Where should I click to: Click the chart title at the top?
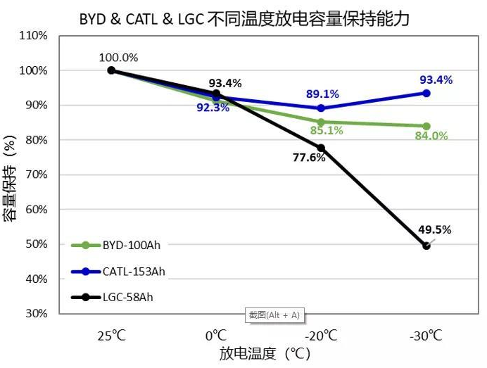point(244,17)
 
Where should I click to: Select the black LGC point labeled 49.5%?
point(426,246)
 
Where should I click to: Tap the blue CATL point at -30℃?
point(426,93)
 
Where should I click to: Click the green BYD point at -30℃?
point(426,126)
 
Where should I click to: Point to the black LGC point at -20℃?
point(321,148)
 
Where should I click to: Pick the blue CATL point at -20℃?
point(321,108)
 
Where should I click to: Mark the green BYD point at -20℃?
point(321,122)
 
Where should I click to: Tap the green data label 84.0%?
point(431,137)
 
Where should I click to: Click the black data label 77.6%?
point(309,158)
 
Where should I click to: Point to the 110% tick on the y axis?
point(33,36)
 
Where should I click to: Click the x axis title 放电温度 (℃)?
point(264,353)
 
